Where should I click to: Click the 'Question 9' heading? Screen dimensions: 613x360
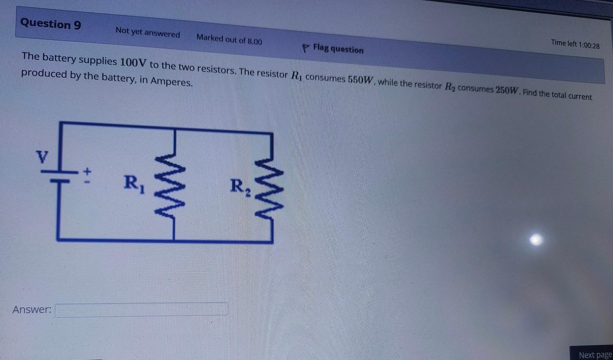coord(51,24)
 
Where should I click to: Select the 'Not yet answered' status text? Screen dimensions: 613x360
coord(147,33)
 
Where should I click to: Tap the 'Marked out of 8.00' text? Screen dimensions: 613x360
coord(229,40)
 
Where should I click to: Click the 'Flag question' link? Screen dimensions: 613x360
coord(338,49)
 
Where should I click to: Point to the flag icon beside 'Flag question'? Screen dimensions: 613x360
coord(305,48)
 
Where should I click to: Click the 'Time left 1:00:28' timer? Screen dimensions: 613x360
coord(575,44)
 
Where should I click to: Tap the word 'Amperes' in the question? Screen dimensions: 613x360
coord(171,81)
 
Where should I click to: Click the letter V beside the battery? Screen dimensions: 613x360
coord(42,157)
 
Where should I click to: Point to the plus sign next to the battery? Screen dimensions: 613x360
coord(87,172)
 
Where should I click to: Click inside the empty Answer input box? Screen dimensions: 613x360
coord(141,309)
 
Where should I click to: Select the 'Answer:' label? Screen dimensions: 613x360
coord(32,310)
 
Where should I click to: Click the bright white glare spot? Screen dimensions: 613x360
coord(536,239)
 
